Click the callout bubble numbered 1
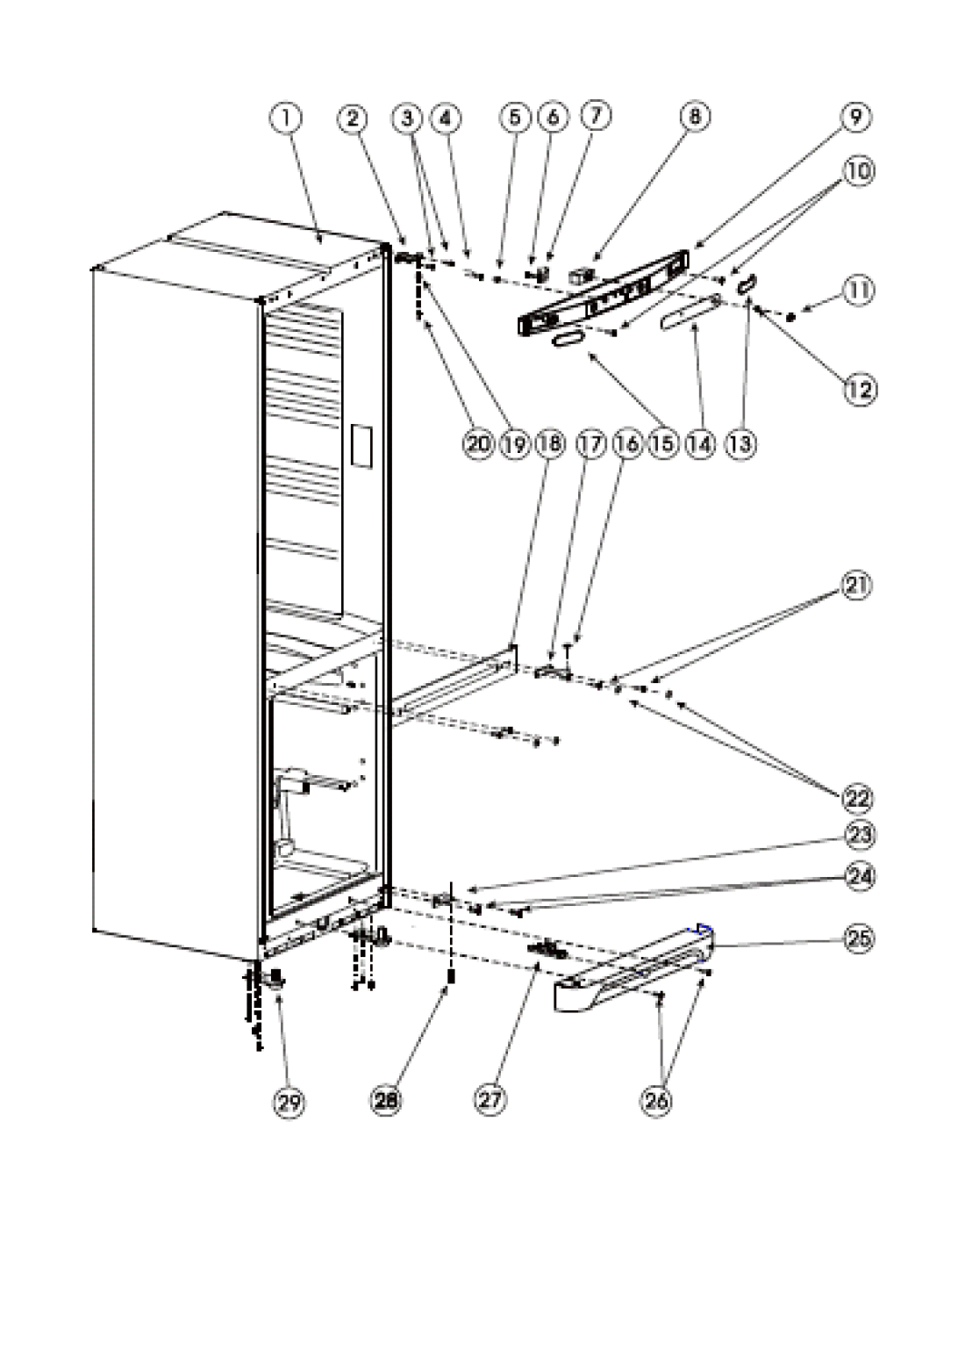286,118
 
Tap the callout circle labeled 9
856,117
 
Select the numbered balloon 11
858,291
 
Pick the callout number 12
860,390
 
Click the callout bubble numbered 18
549,444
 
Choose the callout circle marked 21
857,586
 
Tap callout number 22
857,798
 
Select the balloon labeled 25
858,938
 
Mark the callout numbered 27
490,1100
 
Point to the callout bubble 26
656,1101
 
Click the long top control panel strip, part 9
604,292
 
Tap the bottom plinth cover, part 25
634,969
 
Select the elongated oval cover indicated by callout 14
692,313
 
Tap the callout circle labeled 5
516,117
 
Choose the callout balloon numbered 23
858,836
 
